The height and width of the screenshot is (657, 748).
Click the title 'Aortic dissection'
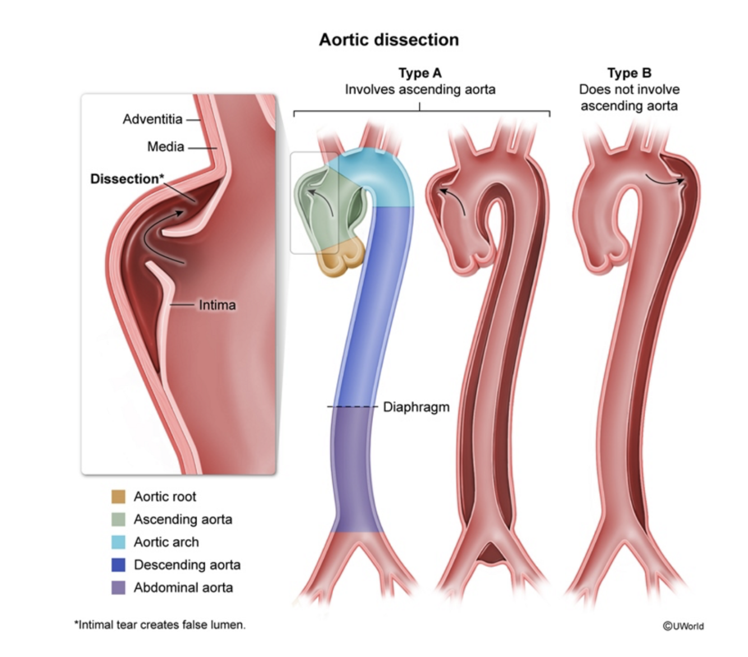(x=389, y=40)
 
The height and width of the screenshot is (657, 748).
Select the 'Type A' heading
(x=420, y=73)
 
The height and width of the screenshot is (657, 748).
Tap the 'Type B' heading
(x=629, y=73)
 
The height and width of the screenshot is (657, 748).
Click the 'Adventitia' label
(x=153, y=119)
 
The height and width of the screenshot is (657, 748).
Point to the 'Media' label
(x=165, y=147)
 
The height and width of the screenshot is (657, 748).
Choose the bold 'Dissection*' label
(x=127, y=179)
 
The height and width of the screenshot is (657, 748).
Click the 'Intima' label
(x=217, y=305)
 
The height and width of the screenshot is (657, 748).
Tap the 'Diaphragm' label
(x=416, y=407)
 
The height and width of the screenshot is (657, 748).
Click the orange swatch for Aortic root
(x=118, y=497)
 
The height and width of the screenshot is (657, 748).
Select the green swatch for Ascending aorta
(x=118, y=520)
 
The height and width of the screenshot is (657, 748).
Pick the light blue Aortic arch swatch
(x=118, y=542)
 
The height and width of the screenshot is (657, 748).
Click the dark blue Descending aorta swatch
(x=118, y=565)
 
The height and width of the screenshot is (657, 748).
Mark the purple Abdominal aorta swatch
(x=118, y=587)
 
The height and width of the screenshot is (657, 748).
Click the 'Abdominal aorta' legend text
(x=183, y=587)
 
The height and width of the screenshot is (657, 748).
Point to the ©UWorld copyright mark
(x=683, y=626)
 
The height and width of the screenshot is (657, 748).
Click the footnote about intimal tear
(x=160, y=624)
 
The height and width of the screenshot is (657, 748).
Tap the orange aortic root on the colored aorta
(x=341, y=259)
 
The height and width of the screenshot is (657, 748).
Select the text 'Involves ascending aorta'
(x=420, y=90)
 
